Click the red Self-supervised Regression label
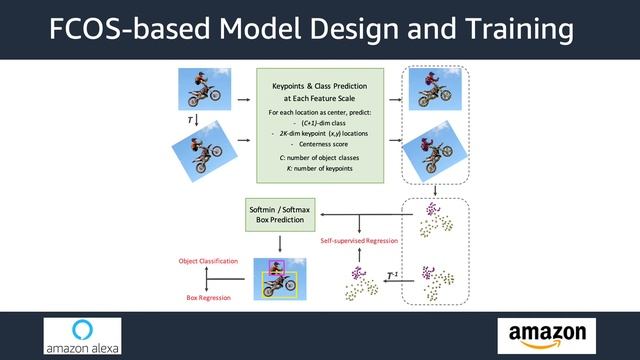point(359,241)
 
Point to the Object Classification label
point(208,261)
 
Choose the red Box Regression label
point(208,298)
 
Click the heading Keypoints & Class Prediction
point(320,93)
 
